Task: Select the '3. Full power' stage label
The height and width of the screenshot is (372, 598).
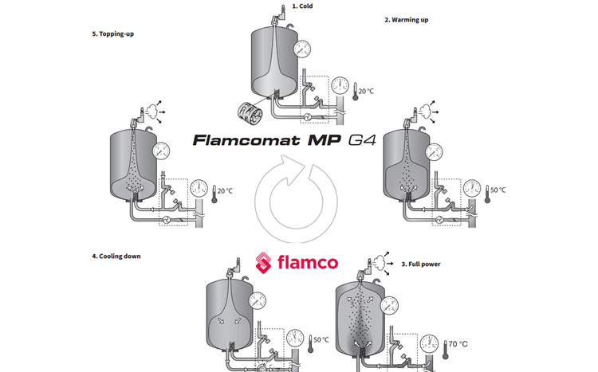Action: pyautogui.click(x=421, y=263)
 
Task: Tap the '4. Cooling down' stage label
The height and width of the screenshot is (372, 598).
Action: pyautogui.click(x=121, y=256)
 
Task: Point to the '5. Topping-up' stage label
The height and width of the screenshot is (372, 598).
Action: pyautogui.click(x=117, y=34)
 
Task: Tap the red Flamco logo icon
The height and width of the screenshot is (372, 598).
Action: pyautogui.click(x=265, y=263)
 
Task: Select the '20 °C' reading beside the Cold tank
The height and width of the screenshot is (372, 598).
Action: pyautogui.click(x=366, y=91)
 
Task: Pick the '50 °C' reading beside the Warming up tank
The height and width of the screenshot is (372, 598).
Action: pyautogui.click(x=498, y=190)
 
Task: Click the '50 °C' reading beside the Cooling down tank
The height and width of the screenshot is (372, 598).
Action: pyautogui.click(x=321, y=339)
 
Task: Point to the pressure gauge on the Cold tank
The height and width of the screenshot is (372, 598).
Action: pyautogui.click(x=302, y=47)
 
